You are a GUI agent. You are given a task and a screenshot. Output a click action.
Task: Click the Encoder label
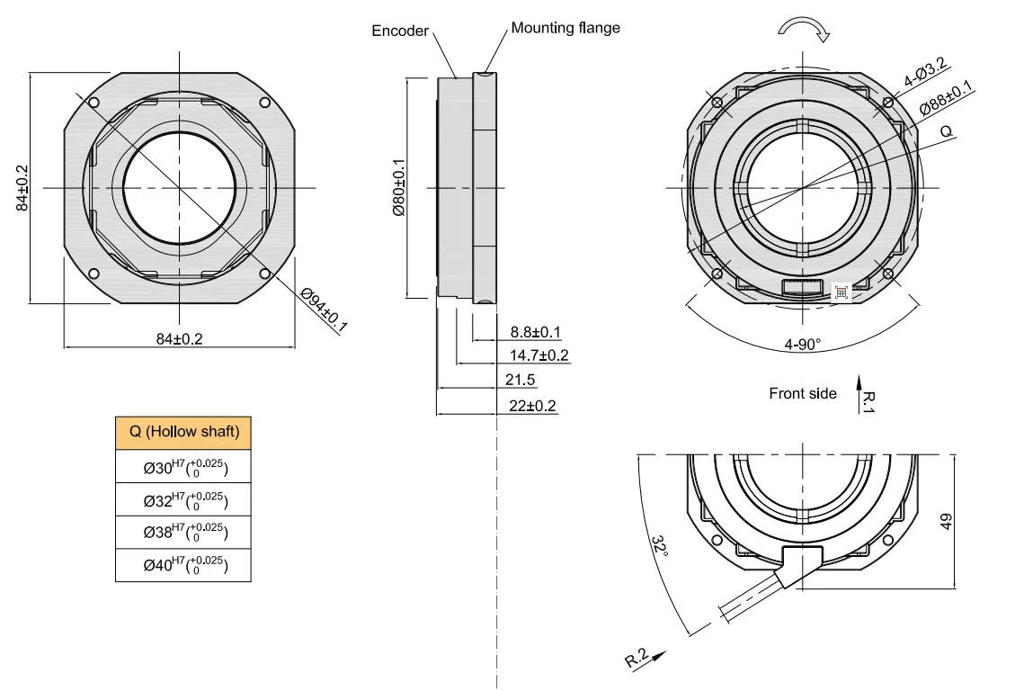(x=400, y=31)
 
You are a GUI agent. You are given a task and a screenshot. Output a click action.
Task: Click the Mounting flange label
(x=565, y=28)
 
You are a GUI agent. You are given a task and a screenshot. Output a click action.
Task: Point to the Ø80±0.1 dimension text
(x=398, y=188)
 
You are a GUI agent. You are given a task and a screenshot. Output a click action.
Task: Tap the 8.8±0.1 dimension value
(x=536, y=332)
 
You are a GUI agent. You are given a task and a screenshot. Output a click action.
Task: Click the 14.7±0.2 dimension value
(x=539, y=355)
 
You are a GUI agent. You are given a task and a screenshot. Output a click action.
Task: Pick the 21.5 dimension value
(x=520, y=380)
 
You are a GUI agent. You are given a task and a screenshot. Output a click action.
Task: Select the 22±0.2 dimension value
(x=533, y=406)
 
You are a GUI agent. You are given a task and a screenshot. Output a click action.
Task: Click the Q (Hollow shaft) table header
(x=183, y=432)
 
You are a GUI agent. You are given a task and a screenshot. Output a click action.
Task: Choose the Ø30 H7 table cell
(x=183, y=467)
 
